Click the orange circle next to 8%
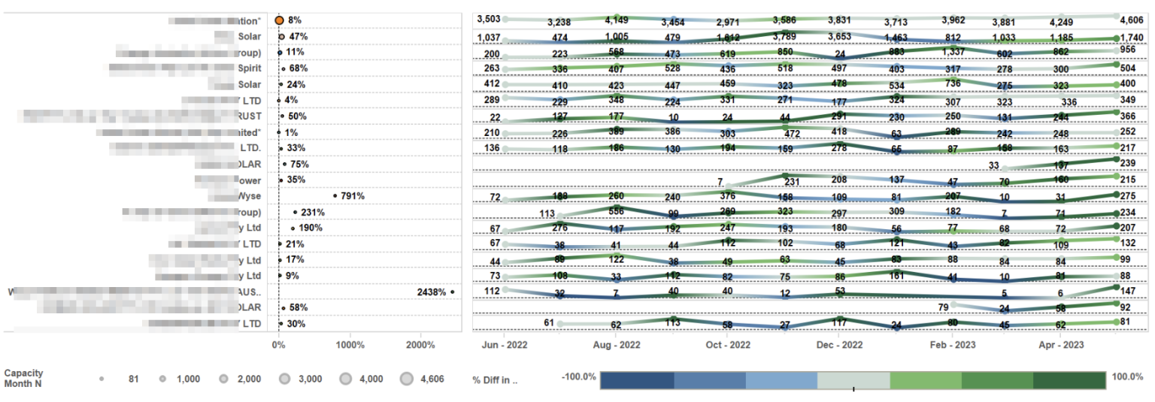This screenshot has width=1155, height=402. (279, 20)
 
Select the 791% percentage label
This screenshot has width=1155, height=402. (353, 196)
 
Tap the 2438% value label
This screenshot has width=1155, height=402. (432, 292)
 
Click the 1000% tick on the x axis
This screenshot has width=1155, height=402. (350, 345)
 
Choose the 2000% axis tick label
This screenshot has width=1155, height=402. (420, 345)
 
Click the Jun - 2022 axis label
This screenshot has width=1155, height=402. (505, 345)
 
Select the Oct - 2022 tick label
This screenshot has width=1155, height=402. (728, 345)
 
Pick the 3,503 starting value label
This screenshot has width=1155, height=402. (489, 19)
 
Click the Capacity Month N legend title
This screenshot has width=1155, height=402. (23, 378)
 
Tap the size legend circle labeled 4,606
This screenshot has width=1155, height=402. (407, 379)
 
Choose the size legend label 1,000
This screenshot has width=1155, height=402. (188, 379)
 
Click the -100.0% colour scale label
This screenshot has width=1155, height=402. (579, 376)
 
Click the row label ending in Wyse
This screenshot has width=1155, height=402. (249, 196)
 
